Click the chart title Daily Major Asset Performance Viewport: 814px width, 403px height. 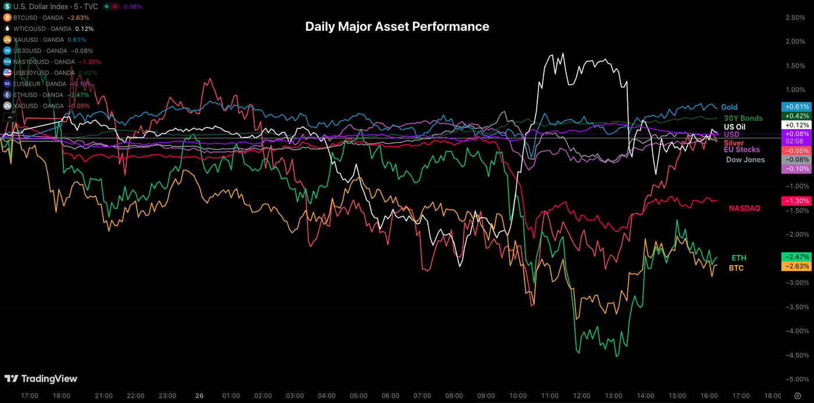pyautogui.click(x=397, y=27)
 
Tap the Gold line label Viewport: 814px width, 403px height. pyautogui.click(x=729, y=107)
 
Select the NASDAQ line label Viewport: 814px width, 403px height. pyautogui.click(x=744, y=208)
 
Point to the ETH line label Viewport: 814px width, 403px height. pyautogui.click(x=738, y=258)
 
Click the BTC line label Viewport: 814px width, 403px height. pyautogui.click(x=736, y=268)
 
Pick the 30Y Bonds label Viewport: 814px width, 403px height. pyautogui.click(x=743, y=119)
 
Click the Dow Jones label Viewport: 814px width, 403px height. pyautogui.click(x=745, y=159)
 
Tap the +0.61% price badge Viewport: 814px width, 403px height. pyautogui.click(x=796, y=107)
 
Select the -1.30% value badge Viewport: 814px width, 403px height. pyautogui.click(x=796, y=201)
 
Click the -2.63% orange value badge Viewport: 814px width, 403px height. pyautogui.click(x=796, y=266)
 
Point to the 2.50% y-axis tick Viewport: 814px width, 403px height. pyautogui.click(x=794, y=17)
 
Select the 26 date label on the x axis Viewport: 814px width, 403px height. pyautogui.click(x=199, y=395)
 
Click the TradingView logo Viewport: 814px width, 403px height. pyautogui.click(x=41, y=379)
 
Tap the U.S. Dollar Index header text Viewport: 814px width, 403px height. pyautogui.click(x=40, y=6)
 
